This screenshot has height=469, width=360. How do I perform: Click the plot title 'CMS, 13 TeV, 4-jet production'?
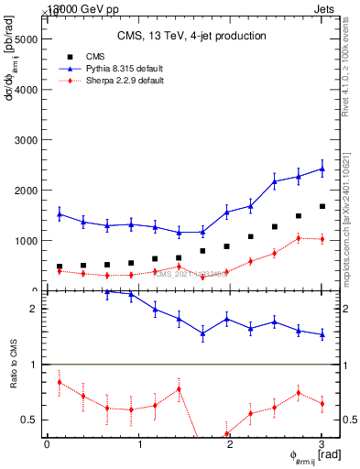point(191,36)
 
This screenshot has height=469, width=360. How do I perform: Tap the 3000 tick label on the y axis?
point(25,140)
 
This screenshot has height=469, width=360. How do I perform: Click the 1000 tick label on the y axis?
point(25,241)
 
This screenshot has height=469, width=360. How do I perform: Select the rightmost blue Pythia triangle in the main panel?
point(322,169)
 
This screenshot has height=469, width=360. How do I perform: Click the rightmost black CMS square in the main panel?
point(322,207)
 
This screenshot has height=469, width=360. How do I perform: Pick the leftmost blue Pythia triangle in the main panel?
point(60,214)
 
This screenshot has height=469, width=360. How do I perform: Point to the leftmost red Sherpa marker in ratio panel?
point(60,382)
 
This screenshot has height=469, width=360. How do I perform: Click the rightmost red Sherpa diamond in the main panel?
point(322,239)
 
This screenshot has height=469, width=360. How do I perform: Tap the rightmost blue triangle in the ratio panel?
point(322,335)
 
